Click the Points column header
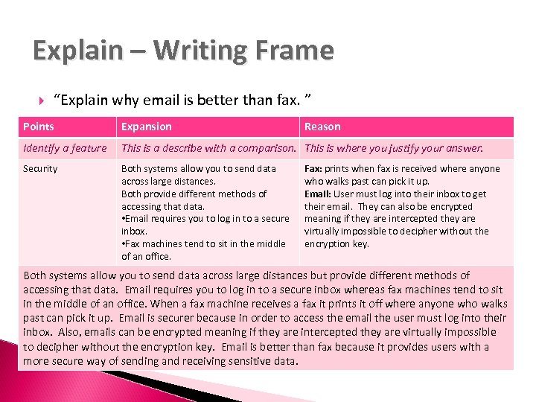[x=38, y=127]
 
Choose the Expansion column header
[x=146, y=127]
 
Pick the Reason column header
[x=322, y=127]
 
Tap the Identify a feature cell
[x=65, y=148]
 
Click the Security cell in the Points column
[x=40, y=169]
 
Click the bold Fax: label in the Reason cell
[x=313, y=169]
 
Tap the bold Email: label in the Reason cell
[x=318, y=194]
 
